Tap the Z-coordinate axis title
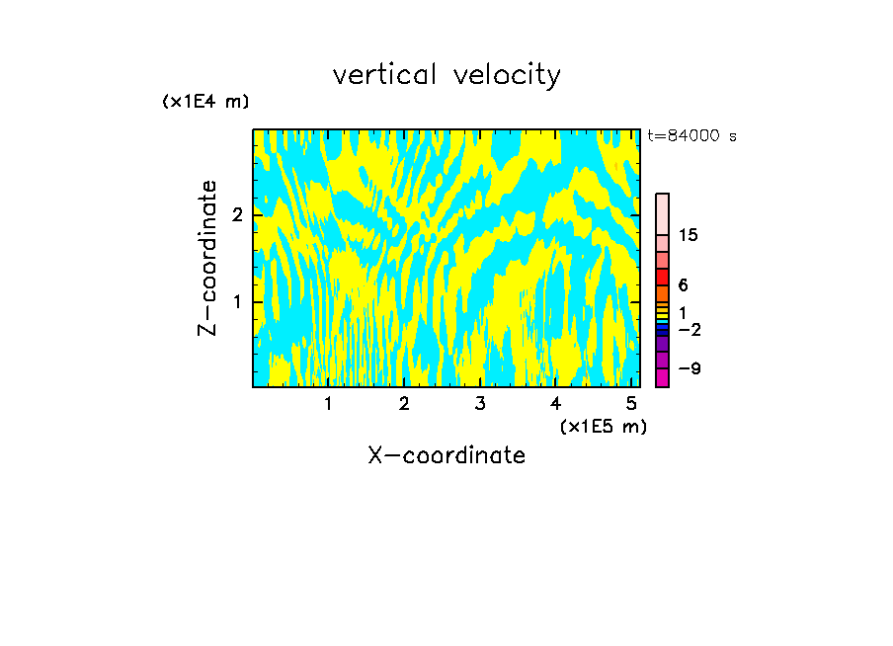click(x=208, y=258)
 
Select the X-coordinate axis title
click(x=446, y=455)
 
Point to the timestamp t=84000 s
click(x=691, y=136)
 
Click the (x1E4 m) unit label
click(x=205, y=102)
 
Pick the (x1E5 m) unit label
click(x=603, y=426)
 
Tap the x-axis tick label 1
click(x=328, y=404)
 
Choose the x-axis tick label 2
click(x=404, y=404)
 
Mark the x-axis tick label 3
click(x=480, y=404)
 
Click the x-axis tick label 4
click(x=555, y=404)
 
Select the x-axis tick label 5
click(x=631, y=404)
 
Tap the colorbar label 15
click(x=689, y=235)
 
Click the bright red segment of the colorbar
click(x=662, y=277)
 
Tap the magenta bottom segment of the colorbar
click(x=662, y=377)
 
